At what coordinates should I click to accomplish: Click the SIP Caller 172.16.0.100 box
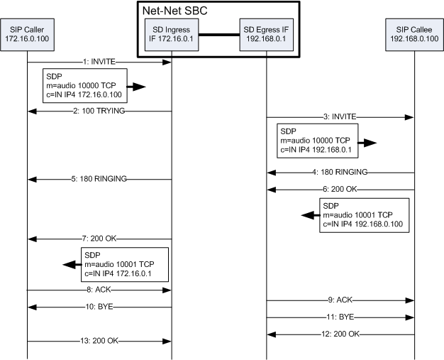(28, 33)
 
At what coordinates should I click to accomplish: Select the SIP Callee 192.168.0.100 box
(414, 33)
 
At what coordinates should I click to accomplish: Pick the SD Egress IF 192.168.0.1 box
(266, 33)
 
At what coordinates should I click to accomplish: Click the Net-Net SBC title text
(179, 11)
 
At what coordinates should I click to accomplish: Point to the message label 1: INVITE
(99, 62)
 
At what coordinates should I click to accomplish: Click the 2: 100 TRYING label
(99, 111)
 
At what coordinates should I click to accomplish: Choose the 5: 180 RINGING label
(99, 179)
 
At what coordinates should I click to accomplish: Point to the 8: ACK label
(99, 290)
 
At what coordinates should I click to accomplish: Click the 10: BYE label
(99, 307)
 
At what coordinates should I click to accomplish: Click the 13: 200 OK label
(99, 342)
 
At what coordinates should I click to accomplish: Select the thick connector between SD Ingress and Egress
(219, 33)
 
